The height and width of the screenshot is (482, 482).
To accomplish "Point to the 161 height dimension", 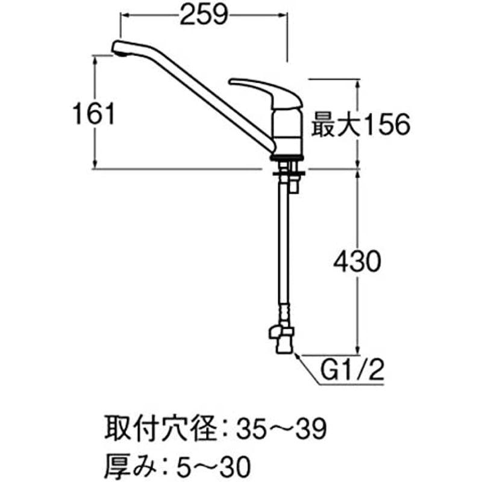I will click(x=92, y=113).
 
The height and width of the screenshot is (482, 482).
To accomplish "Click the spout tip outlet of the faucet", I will click(x=119, y=50).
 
